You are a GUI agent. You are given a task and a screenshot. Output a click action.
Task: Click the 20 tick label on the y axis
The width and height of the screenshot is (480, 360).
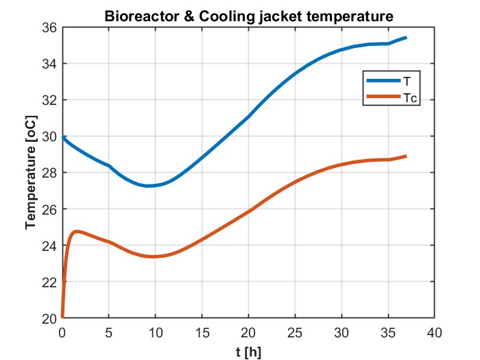point(50,318)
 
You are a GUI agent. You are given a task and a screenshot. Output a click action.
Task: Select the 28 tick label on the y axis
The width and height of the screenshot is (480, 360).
point(50,173)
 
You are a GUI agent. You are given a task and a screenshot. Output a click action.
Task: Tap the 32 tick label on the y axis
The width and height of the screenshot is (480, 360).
point(50,100)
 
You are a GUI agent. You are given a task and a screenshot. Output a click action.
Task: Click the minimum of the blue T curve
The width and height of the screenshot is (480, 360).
point(148,186)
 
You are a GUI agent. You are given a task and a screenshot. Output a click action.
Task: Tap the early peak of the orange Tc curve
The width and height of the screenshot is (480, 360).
point(77,232)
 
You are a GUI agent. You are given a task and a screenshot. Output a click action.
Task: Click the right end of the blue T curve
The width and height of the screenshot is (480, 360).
point(406,38)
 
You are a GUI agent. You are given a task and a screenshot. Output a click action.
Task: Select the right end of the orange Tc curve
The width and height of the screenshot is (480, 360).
point(406,156)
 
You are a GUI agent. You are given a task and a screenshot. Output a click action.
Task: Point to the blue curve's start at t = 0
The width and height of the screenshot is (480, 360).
point(62,137)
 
